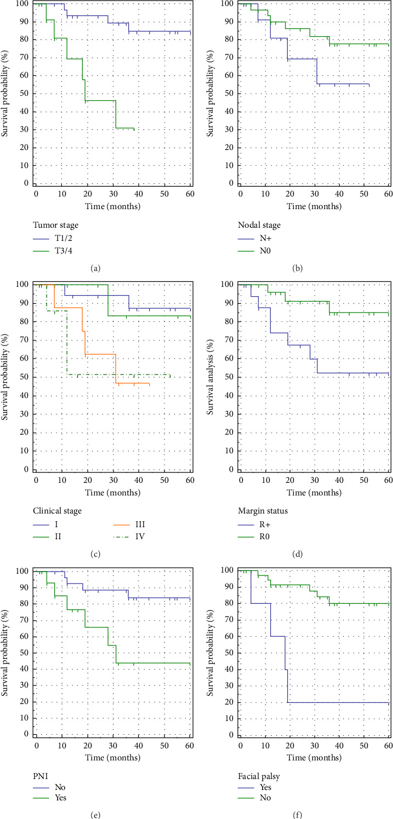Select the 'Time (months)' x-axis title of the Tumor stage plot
pos(113,206)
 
